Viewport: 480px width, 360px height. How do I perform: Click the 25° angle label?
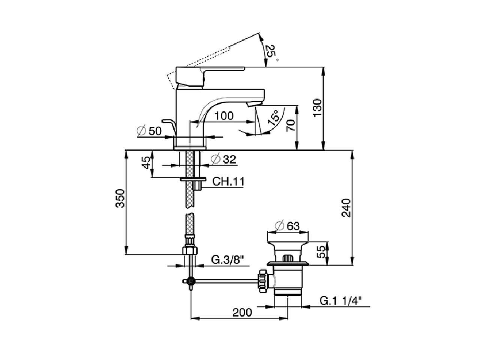(272, 52)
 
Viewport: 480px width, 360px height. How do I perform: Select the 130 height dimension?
(317, 108)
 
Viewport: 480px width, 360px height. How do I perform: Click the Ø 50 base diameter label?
(149, 131)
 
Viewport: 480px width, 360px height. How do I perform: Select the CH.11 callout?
(228, 182)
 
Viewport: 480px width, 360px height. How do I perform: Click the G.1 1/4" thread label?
(340, 301)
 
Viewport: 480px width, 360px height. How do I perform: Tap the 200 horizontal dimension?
(242, 312)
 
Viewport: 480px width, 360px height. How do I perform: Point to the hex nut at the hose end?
(190, 250)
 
